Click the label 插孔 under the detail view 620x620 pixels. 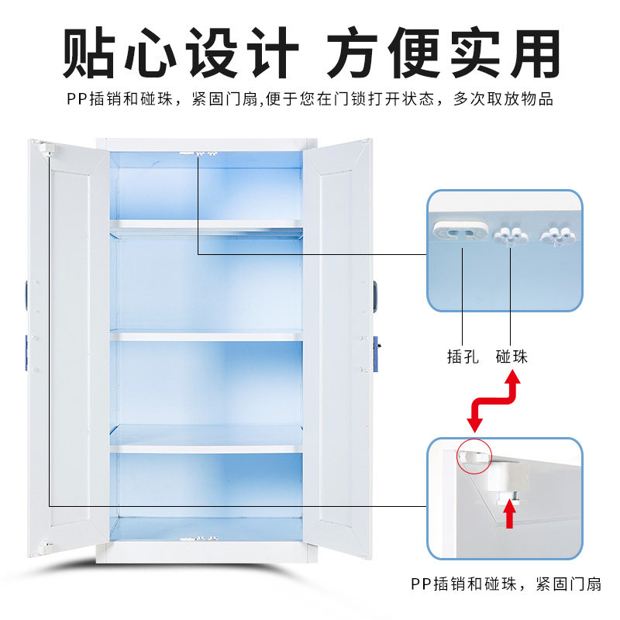click(x=463, y=357)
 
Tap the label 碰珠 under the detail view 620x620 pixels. click(x=511, y=357)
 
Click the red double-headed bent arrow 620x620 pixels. click(x=496, y=400)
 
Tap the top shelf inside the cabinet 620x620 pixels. click(x=206, y=225)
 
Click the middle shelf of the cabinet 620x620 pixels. click(x=206, y=336)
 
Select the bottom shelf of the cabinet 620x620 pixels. click(x=206, y=448)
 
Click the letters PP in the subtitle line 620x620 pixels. click(x=75, y=100)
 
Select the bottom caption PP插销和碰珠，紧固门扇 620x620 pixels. click(x=506, y=584)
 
